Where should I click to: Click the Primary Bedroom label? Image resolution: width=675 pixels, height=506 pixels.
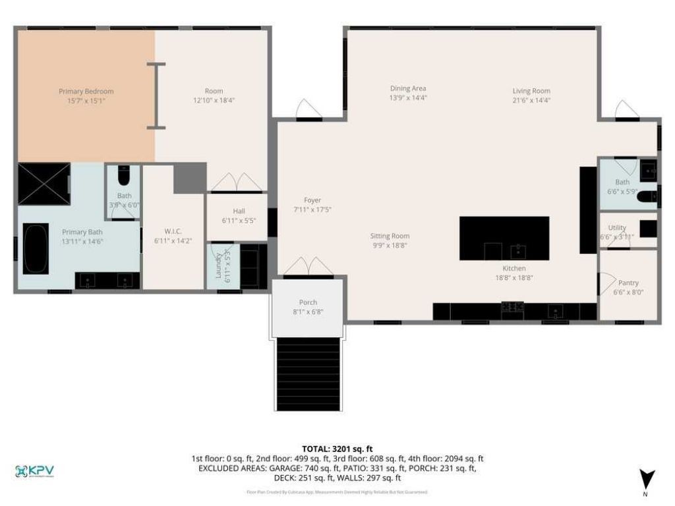click(x=86, y=92)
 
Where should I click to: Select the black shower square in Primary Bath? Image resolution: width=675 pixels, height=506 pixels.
click(x=44, y=184)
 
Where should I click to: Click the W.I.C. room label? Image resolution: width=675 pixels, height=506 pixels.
click(x=173, y=231)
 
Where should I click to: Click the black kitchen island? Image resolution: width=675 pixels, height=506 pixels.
click(x=504, y=238)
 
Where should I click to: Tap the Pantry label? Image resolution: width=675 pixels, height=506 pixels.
click(x=628, y=283)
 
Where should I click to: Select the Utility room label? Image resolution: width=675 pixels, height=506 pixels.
click(x=617, y=227)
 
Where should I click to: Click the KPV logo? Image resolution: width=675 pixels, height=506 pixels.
click(x=34, y=471)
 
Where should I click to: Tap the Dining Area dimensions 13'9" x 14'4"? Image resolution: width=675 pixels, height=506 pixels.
click(x=408, y=98)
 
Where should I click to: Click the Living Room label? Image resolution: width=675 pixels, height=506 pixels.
click(x=531, y=91)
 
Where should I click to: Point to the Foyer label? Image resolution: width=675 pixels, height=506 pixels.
click(x=312, y=200)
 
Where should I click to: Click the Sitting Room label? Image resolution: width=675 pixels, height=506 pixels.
click(x=390, y=236)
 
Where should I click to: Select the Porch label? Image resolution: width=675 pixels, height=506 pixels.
click(x=308, y=302)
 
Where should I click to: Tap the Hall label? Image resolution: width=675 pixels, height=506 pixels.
click(x=239, y=211)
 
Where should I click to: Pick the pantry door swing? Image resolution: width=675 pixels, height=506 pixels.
click(x=604, y=284)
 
